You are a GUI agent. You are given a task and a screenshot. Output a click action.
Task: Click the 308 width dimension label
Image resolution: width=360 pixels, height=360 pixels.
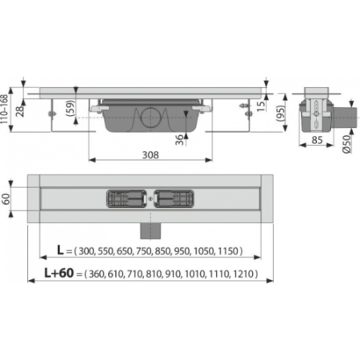coord(150,155)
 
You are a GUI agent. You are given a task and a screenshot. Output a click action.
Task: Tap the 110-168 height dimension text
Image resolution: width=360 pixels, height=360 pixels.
coord(4,109)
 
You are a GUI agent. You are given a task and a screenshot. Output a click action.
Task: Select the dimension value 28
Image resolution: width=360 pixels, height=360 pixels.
coord(20,110)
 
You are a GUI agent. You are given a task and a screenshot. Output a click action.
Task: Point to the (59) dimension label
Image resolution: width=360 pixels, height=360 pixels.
coord(70,108)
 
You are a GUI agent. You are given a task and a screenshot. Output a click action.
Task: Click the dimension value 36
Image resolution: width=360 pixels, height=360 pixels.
coord(180,139)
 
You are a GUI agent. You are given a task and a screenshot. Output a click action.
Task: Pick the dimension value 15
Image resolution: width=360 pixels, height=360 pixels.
coord(261,106)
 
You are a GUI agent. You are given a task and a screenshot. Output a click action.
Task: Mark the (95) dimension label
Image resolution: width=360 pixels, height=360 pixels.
coord(281,114)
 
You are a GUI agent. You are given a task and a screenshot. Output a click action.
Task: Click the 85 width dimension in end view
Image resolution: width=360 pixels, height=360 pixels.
coord(317,140)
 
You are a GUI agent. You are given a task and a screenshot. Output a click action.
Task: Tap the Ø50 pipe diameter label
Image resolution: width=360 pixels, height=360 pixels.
coord(346,144)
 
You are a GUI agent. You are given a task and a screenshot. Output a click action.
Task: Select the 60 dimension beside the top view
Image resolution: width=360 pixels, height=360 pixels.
coord(6,198)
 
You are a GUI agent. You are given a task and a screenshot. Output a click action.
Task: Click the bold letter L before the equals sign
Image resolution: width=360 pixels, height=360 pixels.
coord(61,250)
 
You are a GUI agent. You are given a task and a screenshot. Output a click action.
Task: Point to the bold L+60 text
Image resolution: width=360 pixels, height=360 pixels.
coord(59,273)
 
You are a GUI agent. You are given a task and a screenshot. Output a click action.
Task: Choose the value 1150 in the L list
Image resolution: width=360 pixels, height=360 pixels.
coord(228,251)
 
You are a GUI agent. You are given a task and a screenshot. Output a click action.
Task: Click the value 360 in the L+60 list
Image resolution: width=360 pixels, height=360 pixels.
coord(97,274)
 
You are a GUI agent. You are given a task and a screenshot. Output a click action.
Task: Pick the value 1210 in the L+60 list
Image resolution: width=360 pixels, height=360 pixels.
coord(243,274)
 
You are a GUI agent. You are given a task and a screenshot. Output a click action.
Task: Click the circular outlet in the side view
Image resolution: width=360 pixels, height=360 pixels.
coord(150,118)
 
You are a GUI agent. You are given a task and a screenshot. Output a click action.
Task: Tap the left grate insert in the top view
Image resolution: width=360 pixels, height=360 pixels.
coord(126,198)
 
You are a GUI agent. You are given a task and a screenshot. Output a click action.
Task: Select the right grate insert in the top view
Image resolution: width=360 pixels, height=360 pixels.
coord(174,198)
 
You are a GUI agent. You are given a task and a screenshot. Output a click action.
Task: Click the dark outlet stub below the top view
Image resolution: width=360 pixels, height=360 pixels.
coord(150,231)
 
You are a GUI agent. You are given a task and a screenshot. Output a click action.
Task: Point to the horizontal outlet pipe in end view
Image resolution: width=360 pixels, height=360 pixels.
coord(345,118)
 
